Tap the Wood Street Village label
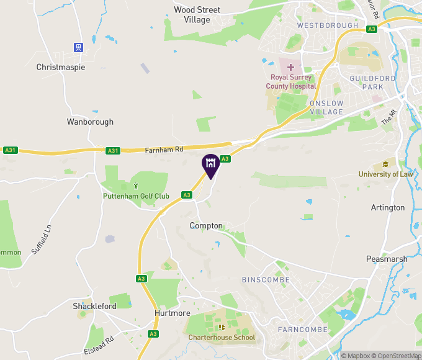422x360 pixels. pyautogui.click(x=197, y=15)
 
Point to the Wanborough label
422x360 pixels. pyautogui.click(x=90, y=122)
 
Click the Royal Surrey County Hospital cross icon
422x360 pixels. pyautogui.click(x=291, y=66)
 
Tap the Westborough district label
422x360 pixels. pyautogui.click(x=327, y=25)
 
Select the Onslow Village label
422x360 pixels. pyautogui.click(x=326, y=107)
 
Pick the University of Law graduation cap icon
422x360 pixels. pyautogui.click(x=385, y=164)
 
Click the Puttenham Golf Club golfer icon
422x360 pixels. pyautogui.click(x=137, y=186)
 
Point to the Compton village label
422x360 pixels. pyautogui.click(x=206, y=226)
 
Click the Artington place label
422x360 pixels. pyautogui.click(x=387, y=207)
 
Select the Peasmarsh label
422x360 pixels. pyautogui.click(x=386, y=259)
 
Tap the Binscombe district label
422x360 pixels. pyautogui.click(x=266, y=280)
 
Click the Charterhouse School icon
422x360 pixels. pyautogui.click(x=222, y=327)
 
